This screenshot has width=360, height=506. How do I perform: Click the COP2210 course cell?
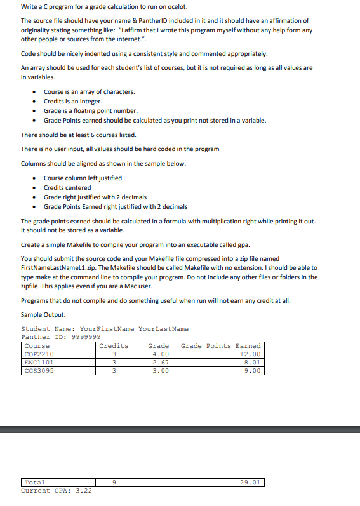click(39, 354)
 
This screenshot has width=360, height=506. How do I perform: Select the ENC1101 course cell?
click(39, 363)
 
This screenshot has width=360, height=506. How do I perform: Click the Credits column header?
click(114, 346)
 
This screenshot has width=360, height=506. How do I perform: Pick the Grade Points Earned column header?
click(220, 346)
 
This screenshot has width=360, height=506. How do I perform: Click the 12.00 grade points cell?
click(251, 354)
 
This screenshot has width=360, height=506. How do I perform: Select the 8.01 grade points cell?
click(252, 363)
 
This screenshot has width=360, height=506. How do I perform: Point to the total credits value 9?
click(114, 483)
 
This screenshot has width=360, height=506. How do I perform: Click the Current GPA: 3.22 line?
click(57, 491)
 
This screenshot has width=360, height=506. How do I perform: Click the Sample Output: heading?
click(43, 315)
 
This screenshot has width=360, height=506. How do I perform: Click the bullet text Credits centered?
click(67, 187)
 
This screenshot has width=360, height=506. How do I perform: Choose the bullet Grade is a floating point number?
click(86, 110)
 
